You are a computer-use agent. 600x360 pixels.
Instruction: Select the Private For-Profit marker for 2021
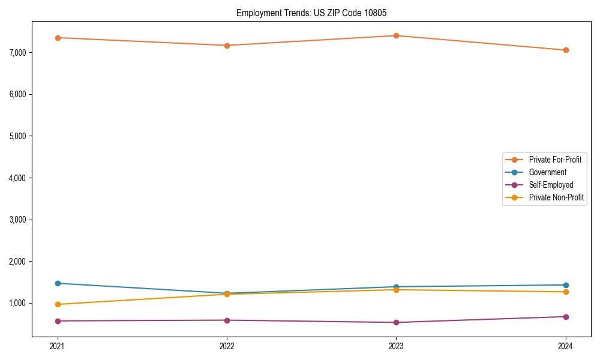pyautogui.click(x=58, y=38)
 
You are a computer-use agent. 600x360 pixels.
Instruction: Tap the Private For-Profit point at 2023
pyautogui.click(x=397, y=35)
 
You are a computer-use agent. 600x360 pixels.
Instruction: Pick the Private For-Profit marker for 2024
pyautogui.click(x=566, y=50)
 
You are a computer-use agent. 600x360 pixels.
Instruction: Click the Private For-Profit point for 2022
pyautogui.click(x=227, y=46)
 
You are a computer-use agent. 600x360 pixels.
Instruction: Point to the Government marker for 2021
pyautogui.click(x=58, y=283)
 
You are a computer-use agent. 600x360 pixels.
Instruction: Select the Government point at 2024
pyautogui.click(x=566, y=285)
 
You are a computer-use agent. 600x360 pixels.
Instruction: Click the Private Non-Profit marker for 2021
pyautogui.click(x=58, y=304)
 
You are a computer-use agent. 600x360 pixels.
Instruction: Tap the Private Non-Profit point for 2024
pyautogui.click(x=566, y=292)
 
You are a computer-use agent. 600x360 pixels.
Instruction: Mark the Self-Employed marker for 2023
pyautogui.click(x=397, y=323)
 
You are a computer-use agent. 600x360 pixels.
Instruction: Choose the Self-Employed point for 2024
pyautogui.click(x=566, y=317)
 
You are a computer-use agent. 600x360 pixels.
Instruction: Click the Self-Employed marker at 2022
pyautogui.click(x=227, y=320)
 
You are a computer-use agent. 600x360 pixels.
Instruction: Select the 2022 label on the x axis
pyautogui.click(x=227, y=346)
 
